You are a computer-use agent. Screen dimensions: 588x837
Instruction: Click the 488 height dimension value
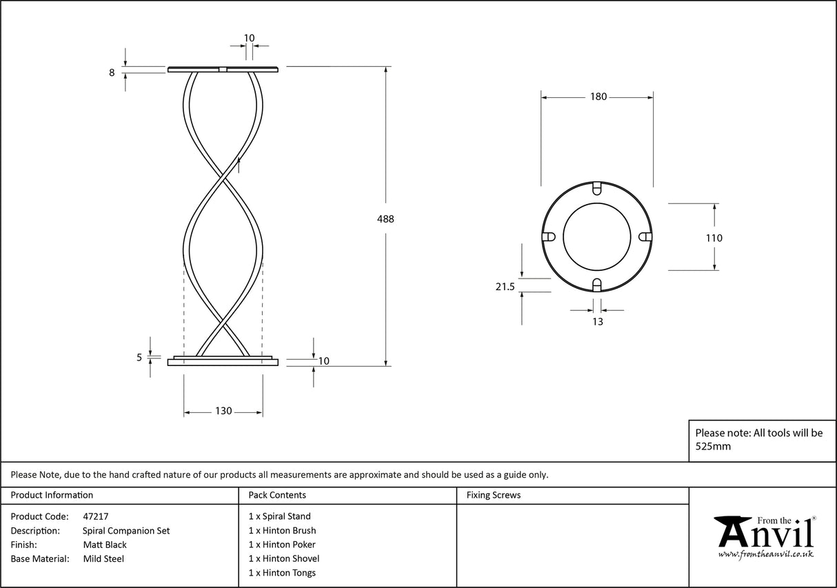pos(385,219)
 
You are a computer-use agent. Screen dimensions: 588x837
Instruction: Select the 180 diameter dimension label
pos(598,97)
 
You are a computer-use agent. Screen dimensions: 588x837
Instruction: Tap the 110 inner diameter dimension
pos(714,239)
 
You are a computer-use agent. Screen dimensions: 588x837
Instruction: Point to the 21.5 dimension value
pos(505,287)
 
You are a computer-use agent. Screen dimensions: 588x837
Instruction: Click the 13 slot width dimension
pos(597,322)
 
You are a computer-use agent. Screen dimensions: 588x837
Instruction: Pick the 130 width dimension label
pos(223,411)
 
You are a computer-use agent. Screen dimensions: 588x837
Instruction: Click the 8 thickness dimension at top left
pos(112,72)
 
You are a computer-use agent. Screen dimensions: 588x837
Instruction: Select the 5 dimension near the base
pos(139,357)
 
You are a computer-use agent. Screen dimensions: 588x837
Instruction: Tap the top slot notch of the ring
pos(598,187)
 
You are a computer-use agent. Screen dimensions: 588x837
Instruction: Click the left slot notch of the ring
pos(549,236)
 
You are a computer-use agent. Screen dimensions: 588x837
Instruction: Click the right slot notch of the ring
pos(646,236)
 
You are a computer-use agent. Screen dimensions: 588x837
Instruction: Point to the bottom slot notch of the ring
pos(598,285)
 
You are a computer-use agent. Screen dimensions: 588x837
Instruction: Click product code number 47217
pos(95,516)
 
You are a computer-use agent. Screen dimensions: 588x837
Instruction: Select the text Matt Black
pos(104,545)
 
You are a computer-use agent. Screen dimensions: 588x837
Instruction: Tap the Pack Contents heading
pos(277,495)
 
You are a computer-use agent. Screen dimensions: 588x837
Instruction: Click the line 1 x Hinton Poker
pos(282,545)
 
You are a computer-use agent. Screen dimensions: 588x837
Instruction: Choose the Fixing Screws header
pos(493,495)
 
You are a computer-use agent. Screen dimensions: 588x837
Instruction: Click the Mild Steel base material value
pos(103,559)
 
